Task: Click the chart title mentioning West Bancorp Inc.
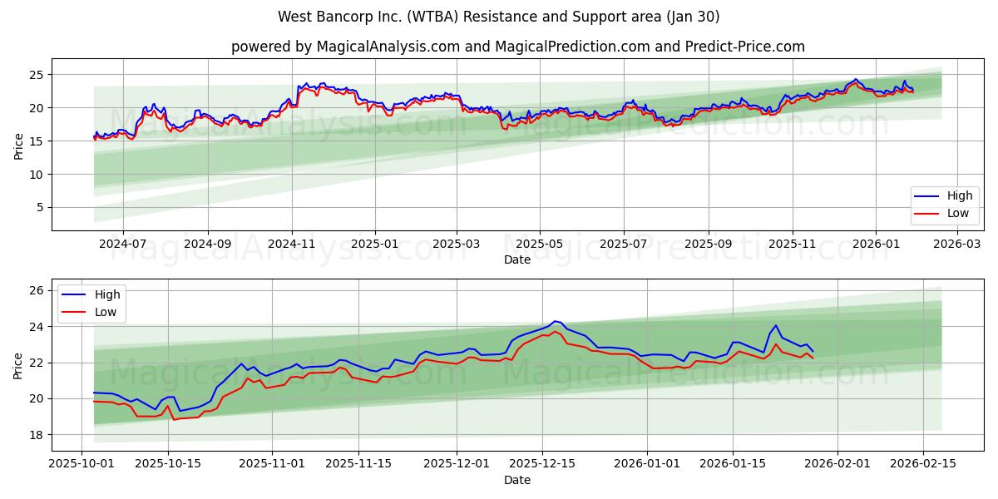pyautogui.click(x=499, y=17)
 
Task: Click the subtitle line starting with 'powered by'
pyautogui.click(x=517, y=47)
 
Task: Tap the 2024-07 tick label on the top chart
pyautogui.click(x=123, y=245)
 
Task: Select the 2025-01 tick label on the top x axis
pyautogui.click(x=375, y=245)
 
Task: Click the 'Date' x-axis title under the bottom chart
pyautogui.click(x=517, y=480)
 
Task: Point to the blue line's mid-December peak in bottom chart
pyautogui.click(x=556, y=321)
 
